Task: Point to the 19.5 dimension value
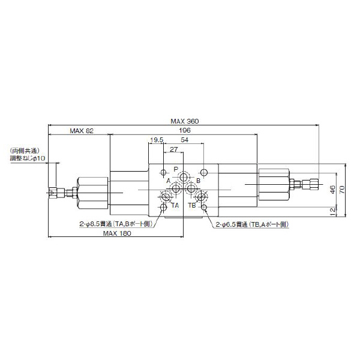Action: tap(157, 140)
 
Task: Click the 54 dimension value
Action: tap(185, 140)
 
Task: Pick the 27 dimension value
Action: tap(173, 149)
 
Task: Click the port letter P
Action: tap(176, 169)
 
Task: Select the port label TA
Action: tap(175, 206)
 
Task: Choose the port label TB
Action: tap(192, 206)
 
